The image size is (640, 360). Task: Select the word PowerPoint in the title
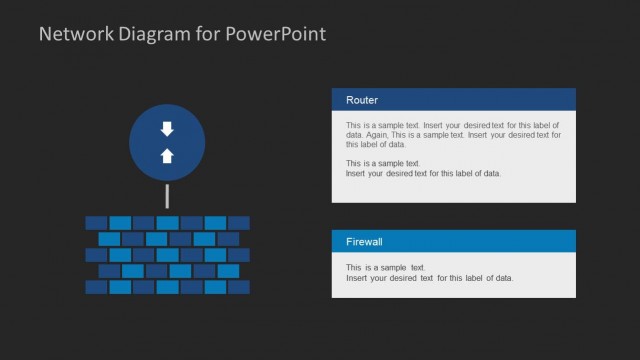click(x=277, y=34)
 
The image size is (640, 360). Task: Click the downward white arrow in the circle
click(x=167, y=129)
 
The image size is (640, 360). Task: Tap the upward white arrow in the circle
click(x=167, y=155)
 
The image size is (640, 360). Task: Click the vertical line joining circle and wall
click(x=167, y=196)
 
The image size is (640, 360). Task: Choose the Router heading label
click(x=362, y=100)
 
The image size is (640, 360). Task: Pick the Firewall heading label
click(x=365, y=242)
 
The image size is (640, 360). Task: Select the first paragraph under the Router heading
click(x=453, y=134)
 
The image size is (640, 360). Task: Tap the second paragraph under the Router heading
click(x=423, y=168)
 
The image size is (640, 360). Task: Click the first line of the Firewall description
click(x=386, y=268)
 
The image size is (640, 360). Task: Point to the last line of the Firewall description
click(x=429, y=278)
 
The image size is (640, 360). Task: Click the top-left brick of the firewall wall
click(x=96, y=222)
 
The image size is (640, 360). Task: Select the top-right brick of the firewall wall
click(x=239, y=222)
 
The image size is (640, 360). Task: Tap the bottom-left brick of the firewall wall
click(x=96, y=287)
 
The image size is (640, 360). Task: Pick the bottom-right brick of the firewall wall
click(x=239, y=287)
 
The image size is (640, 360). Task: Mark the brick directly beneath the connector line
click(x=167, y=222)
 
